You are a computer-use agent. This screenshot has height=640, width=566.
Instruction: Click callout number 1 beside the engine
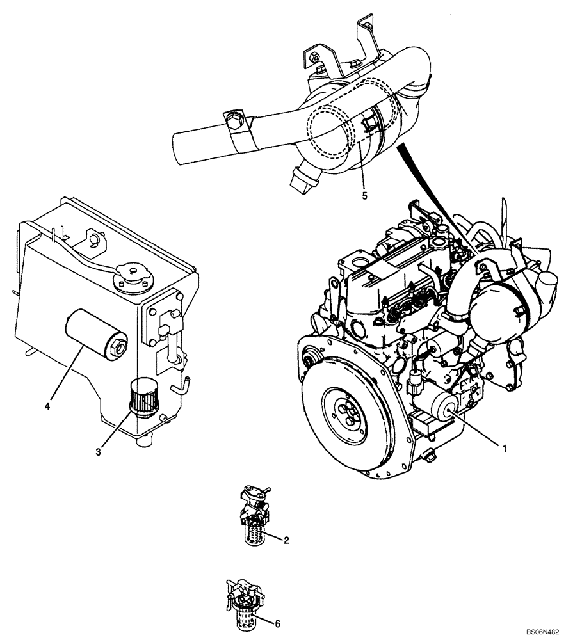tap(504, 449)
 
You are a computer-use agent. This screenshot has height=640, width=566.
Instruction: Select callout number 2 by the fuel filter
tap(286, 540)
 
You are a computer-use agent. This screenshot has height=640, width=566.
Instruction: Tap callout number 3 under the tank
tap(98, 452)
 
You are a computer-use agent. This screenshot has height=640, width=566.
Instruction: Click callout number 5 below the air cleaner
tap(364, 196)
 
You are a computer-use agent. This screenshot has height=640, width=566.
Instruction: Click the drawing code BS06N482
tap(542, 631)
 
